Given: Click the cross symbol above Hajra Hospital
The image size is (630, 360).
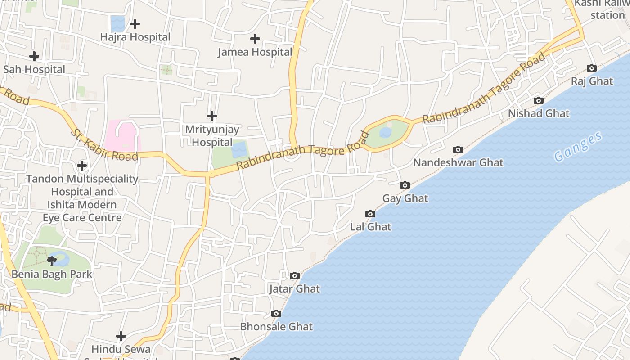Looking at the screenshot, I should pyautogui.click(x=135, y=24).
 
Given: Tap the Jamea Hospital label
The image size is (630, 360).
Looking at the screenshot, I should pyautogui.click(x=255, y=52).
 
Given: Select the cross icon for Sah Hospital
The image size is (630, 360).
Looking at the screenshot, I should pyautogui.click(x=34, y=56).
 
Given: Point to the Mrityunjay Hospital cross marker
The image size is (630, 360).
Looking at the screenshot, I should pyautogui.click(x=211, y=116).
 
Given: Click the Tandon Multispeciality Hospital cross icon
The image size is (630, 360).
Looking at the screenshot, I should pyautogui.click(x=82, y=166).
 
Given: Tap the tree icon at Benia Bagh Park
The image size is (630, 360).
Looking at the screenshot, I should pyautogui.click(x=52, y=261).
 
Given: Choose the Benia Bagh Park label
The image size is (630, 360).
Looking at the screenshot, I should pyautogui.click(x=52, y=274).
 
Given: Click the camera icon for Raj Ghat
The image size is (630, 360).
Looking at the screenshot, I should pyautogui.click(x=592, y=68).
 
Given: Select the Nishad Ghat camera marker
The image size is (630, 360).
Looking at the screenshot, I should pyautogui.click(x=539, y=100).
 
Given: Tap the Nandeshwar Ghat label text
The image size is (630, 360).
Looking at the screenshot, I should pyautogui.click(x=458, y=162).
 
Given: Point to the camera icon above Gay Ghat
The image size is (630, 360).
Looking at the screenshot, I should pyautogui.click(x=405, y=185).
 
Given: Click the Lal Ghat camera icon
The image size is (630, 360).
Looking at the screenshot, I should pyautogui.click(x=370, y=214).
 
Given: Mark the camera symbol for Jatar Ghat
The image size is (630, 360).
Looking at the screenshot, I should pyautogui.click(x=295, y=275).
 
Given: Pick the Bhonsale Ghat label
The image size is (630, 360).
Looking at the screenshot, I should pyautogui.click(x=276, y=326).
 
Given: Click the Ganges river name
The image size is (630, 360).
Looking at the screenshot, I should pyautogui.click(x=578, y=147).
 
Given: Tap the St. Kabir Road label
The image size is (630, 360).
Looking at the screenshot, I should pyautogui.click(x=104, y=144).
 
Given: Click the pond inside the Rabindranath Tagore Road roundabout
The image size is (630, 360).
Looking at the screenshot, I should pyautogui.click(x=385, y=132).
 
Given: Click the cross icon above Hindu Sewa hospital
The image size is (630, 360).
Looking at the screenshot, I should pyautogui.click(x=121, y=336).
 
